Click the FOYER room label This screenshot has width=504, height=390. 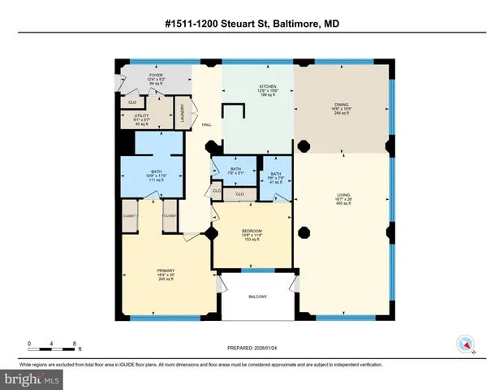(155, 76)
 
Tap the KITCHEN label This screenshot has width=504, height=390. (268, 86)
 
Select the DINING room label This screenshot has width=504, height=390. (341, 105)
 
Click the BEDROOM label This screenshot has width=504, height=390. (252, 232)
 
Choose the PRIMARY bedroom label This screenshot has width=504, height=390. (166, 271)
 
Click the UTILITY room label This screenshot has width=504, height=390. (141, 116)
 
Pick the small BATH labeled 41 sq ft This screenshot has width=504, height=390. (275, 174)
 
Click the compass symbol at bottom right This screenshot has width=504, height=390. (465, 344)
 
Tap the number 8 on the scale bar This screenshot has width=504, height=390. (75, 344)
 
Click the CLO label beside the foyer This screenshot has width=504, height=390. (132, 102)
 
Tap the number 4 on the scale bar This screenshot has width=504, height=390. (51, 344)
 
